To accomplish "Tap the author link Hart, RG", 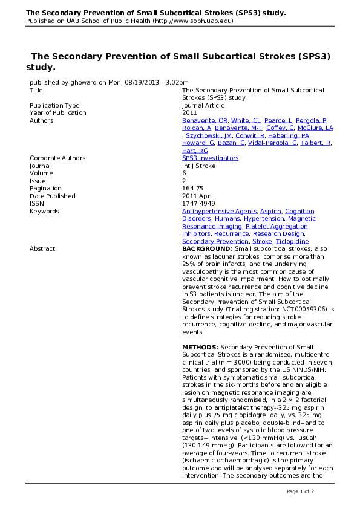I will [195, 151].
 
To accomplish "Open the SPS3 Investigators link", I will [210, 158].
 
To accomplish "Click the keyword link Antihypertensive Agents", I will [219, 211].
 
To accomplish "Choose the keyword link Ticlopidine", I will [293, 241].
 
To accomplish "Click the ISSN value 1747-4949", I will [198, 204].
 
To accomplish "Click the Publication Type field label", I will [54, 105].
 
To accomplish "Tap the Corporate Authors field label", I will [57, 158].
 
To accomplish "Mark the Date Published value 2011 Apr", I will [197, 196].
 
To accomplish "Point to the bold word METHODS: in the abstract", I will [200, 347].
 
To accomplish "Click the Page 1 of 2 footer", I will [300, 491].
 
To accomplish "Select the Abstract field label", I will [42, 249].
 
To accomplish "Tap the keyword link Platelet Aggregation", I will [277, 226].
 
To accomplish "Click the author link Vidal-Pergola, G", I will [272, 143].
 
